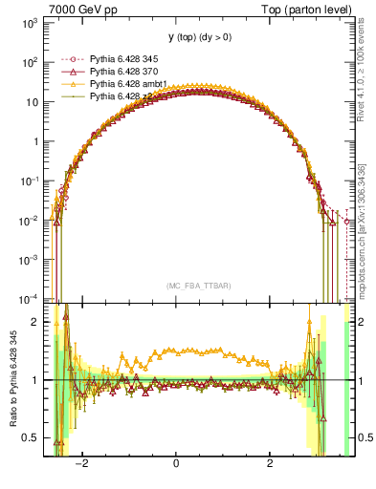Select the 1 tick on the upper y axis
(35, 141)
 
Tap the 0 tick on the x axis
(176, 464)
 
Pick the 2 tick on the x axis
(270, 464)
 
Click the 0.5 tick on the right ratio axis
(365, 438)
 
